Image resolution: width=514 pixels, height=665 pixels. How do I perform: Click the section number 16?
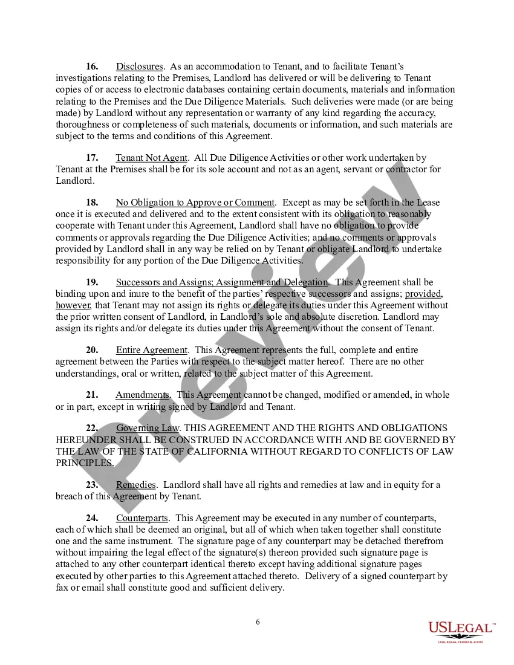pos(93,66)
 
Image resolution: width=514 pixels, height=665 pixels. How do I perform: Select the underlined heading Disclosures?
pos(140,66)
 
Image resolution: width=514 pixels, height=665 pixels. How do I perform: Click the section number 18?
pos(93,203)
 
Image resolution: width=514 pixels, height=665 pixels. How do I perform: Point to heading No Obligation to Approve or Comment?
pos(195,203)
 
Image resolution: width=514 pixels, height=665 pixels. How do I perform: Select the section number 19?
pos(93,282)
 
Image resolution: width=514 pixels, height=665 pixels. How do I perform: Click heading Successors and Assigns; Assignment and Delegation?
pos(223,282)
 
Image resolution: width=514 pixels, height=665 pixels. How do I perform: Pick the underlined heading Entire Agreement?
pos(152,350)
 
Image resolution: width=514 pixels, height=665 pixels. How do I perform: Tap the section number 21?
pos(93,395)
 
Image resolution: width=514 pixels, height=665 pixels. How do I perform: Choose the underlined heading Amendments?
pos(143,395)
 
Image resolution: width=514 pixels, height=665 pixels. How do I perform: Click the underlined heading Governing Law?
pos(148,429)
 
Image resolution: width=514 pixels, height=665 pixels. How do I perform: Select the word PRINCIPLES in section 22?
pos(84,463)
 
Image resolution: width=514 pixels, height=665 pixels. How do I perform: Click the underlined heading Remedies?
pos(136,485)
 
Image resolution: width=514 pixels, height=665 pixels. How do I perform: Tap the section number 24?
pos(93,518)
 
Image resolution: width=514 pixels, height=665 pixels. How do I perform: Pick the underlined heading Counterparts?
pos(142,518)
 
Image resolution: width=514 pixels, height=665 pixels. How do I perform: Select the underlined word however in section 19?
pos(73,305)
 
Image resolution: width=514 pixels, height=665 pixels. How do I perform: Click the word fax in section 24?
pos(62,588)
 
